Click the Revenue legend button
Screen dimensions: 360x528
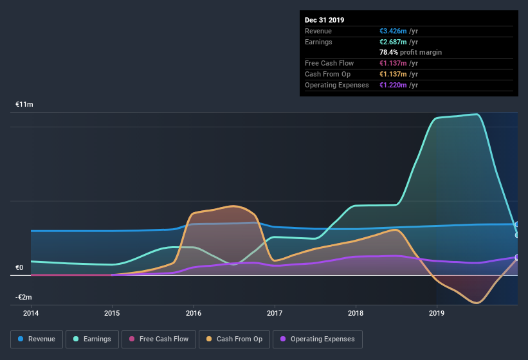37,339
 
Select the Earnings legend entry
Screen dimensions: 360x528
92,339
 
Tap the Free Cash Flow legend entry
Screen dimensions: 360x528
159,339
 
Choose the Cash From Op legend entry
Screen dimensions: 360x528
235,339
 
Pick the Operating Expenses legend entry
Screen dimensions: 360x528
317,339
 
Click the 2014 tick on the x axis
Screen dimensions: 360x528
31,314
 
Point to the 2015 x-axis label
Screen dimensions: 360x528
112,314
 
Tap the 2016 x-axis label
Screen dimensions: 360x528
194,314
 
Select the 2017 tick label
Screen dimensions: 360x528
275,314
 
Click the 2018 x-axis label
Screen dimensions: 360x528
356,314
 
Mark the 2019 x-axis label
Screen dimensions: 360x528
437,314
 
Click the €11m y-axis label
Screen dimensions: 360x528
24,104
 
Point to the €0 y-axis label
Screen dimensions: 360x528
19,267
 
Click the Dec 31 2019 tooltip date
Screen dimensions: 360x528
325,20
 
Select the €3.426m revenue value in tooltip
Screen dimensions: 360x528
399,31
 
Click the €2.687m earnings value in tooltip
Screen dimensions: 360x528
399,42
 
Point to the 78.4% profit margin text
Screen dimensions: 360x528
410,52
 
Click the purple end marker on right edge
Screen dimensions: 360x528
517,257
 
